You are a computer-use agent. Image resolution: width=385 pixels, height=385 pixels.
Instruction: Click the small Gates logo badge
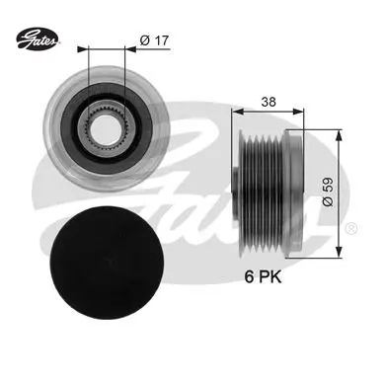click(38, 38)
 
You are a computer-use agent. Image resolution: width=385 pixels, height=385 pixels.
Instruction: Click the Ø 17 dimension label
click(154, 40)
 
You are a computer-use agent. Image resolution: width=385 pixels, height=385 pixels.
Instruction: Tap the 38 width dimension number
click(269, 102)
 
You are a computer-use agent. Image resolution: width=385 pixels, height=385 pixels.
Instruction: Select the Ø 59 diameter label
click(328, 192)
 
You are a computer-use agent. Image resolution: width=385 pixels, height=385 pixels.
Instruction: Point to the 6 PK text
click(263, 277)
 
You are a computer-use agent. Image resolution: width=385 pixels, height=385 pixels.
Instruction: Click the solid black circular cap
click(107, 263)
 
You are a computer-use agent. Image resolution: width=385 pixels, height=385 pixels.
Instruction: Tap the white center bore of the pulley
click(105, 128)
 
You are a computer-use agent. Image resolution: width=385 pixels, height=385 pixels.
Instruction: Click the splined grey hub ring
click(106, 127)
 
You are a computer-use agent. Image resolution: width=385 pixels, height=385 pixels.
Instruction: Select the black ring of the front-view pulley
click(107, 128)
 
